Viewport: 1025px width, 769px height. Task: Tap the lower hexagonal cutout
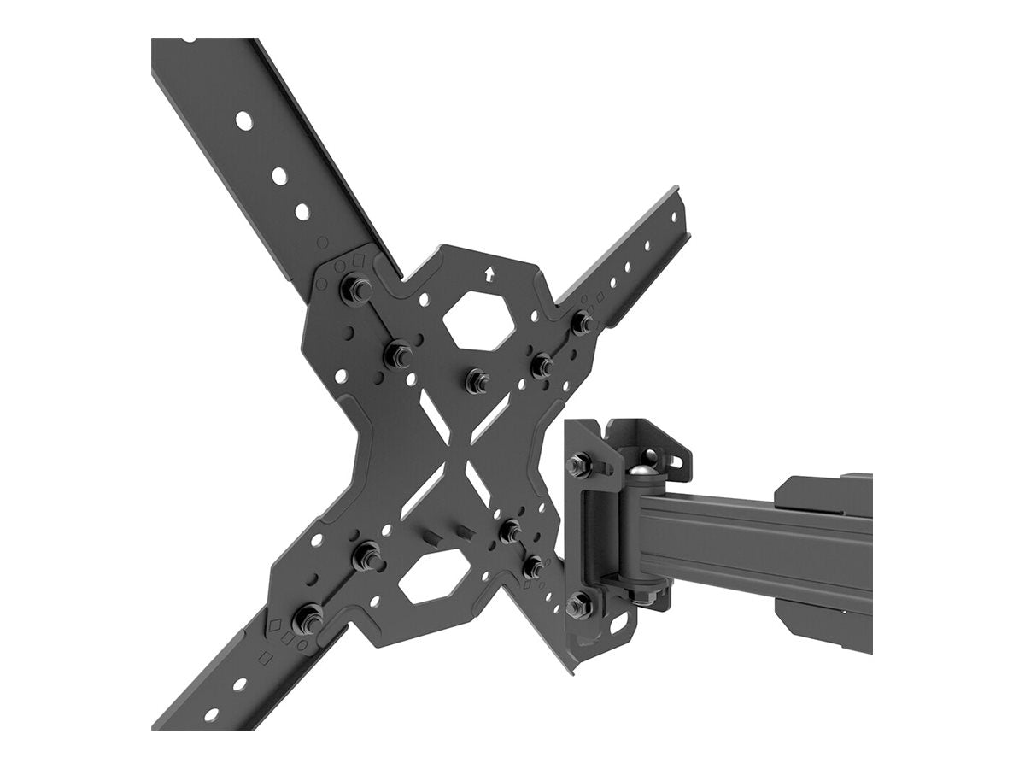point(434,579)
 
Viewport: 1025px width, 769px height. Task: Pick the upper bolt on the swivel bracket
point(581,464)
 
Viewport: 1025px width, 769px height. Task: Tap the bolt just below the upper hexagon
point(477,379)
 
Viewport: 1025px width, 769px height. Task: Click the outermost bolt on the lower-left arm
point(306,618)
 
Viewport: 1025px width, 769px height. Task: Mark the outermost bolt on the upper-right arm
point(582,323)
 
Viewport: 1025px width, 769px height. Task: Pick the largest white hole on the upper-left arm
point(244,120)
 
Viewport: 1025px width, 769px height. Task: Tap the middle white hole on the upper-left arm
point(278,176)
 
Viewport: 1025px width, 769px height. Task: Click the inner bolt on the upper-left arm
point(398,354)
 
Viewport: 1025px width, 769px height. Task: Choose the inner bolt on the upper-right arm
point(542,366)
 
